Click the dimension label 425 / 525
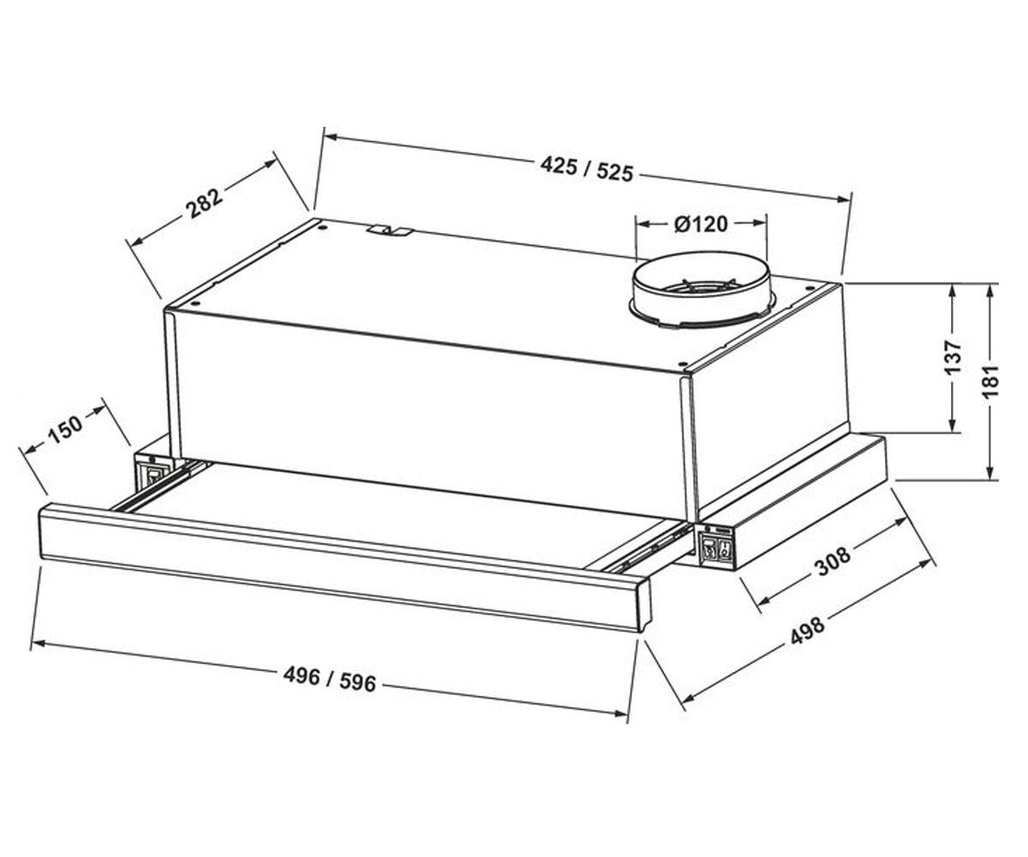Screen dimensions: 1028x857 tap(586, 170)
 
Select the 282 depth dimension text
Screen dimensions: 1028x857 tap(205, 203)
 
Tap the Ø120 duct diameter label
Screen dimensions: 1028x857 tap(701, 224)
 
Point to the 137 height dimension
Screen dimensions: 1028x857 tap(953, 357)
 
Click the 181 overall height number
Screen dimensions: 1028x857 tap(990, 381)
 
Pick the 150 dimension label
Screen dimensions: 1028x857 tap(64, 429)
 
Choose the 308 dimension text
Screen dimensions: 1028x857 tap(833, 560)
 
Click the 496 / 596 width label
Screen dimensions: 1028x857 tap(329, 680)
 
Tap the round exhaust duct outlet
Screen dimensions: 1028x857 tap(702, 292)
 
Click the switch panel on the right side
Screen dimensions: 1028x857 tap(716, 548)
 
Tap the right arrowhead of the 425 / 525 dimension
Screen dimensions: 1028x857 tap(843, 199)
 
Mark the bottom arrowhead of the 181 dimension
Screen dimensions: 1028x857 tap(990, 470)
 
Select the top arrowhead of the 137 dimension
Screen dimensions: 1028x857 tap(953, 291)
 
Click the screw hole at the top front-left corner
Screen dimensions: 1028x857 tap(195, 303)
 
